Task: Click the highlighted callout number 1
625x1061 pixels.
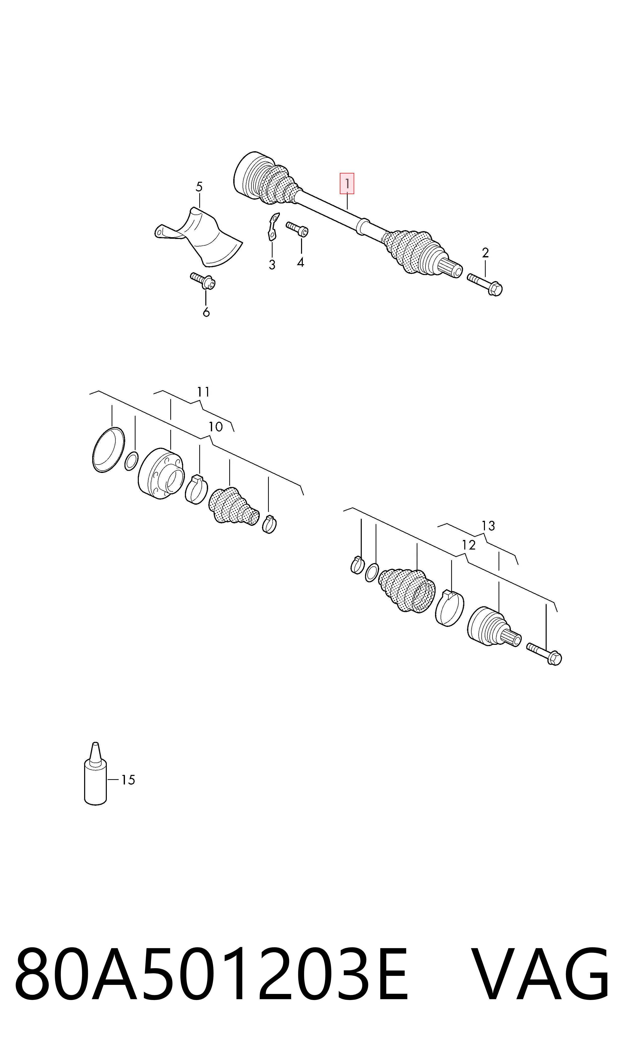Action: (347, 184)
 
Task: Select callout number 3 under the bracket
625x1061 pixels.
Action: (272, 265)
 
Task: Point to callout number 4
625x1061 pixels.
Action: (300, 262)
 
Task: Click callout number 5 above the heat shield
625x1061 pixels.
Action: (199, 187)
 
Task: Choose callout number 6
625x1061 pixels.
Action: (206, 312)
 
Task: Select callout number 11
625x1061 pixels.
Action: (203, 392)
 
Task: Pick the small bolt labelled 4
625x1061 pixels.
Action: (297, 228)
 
